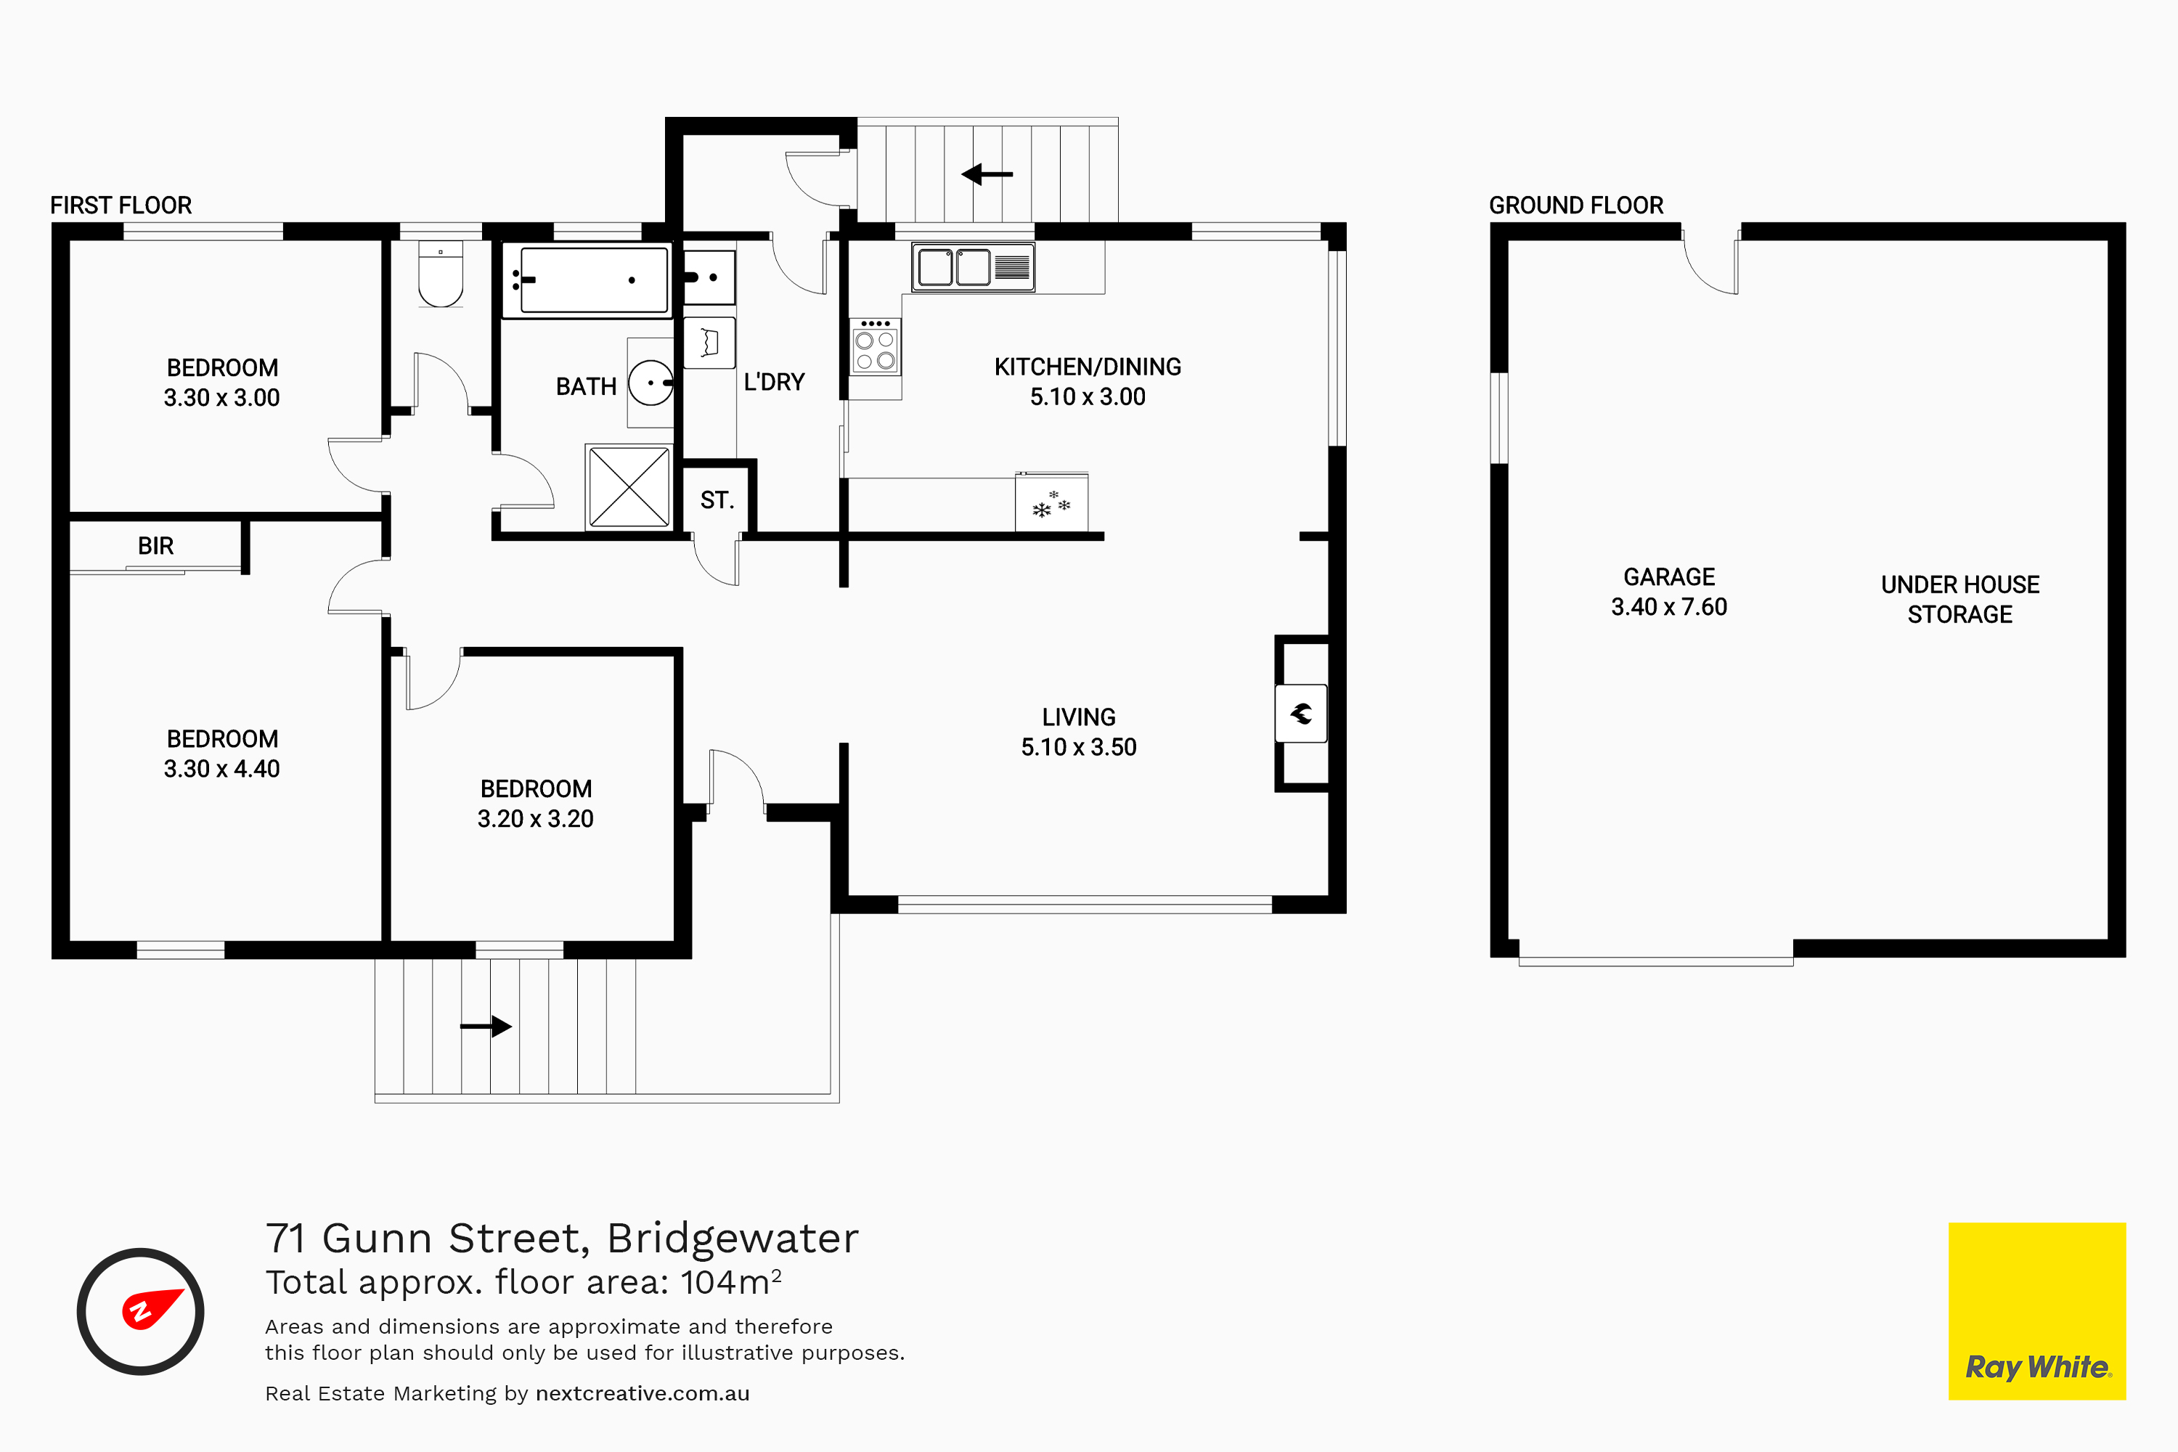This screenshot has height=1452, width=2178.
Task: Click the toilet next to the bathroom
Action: [441, 274]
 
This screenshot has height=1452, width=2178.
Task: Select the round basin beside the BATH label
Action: [651, 383]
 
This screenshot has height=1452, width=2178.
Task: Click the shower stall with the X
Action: [629, 487]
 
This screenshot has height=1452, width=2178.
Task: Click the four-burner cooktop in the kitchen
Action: [875, 346]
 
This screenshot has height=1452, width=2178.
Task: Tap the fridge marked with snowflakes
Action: [1052, 503]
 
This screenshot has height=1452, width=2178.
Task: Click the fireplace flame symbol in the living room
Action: [1301, 714]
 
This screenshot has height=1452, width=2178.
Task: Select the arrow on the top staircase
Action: [987, 174]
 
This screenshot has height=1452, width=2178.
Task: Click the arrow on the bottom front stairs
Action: [486, 1026]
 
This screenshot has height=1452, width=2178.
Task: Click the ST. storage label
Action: [717, 501]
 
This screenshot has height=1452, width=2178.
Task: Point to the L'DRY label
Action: [774, 383]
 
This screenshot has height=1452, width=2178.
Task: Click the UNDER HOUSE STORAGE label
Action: [1960, 599]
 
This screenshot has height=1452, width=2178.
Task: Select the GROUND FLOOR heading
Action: [1576, 205]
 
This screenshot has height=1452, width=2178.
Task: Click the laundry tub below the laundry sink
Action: [709, 343]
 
